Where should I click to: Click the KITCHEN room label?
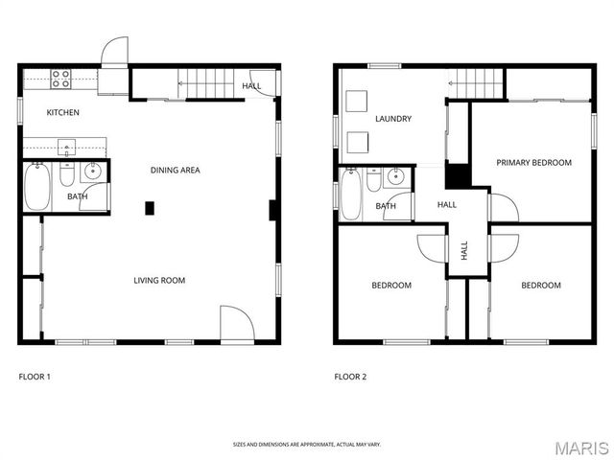(x=63, y=113)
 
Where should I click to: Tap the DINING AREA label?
(x=175, y=171)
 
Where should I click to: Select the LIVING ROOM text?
(x=159, y=281)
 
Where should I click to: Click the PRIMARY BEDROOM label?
(x=533, y=163)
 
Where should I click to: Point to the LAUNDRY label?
(x=393, y=120)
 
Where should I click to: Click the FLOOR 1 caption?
(x=35, y=377)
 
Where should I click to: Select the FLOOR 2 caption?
(x=350, y=377)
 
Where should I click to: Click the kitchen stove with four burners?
(x=62, y=78)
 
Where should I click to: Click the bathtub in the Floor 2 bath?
(x=351, y=195)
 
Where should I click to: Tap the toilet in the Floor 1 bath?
(x=66, y=175)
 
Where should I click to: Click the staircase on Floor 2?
(x=478, y=83)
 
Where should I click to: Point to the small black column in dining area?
(x=150, y=207)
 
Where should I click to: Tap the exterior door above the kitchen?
(x=113, y=53)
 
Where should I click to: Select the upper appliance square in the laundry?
(x=359, y=102)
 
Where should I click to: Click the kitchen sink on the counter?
(x=67, y=147)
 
